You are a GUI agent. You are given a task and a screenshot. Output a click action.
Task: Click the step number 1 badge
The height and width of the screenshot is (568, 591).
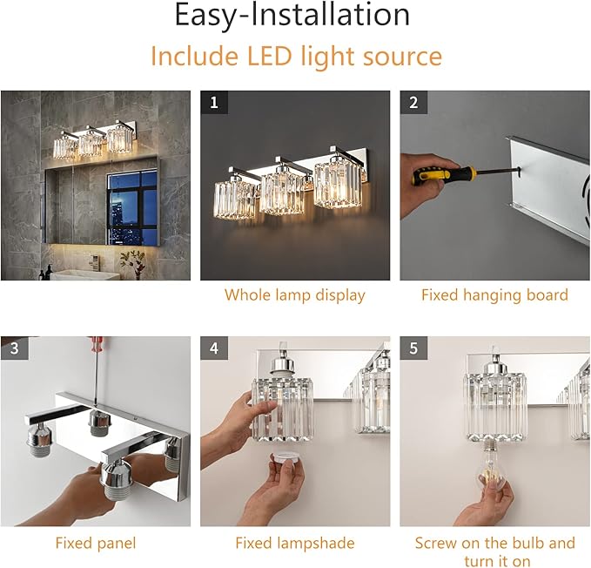214,102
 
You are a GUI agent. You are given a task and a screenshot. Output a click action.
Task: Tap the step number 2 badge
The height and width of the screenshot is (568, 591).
413,102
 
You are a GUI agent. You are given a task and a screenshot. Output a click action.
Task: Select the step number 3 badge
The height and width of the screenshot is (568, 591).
14,348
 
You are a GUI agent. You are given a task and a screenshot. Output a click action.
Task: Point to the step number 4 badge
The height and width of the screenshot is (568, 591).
214,348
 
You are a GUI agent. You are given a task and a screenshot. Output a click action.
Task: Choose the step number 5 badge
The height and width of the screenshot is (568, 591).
413,348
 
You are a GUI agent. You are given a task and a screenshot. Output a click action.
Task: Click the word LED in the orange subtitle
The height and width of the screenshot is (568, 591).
269,56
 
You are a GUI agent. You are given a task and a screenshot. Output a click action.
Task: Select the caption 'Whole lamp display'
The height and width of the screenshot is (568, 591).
295,295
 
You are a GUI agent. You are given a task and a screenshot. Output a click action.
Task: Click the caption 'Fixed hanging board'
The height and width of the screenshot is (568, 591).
494,295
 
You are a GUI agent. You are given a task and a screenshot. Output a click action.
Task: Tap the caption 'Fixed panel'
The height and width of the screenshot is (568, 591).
96,543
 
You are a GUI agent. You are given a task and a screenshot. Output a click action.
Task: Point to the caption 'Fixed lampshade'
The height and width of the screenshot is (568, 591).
295,543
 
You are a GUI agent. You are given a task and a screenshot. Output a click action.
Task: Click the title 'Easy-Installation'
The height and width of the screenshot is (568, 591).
292,15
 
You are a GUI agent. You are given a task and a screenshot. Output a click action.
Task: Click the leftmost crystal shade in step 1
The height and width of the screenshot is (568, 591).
235,199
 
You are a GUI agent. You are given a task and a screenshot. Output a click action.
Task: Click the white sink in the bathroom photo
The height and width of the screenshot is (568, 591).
84,274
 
